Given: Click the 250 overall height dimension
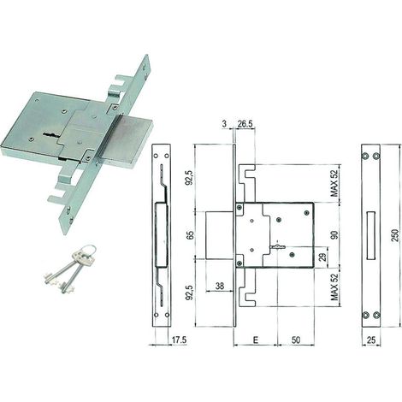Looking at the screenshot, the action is tap(394, 235).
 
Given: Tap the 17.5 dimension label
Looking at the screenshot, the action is tap(179, 340).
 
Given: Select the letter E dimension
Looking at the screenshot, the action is tap(256, 340).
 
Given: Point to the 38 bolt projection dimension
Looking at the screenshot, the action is tap(220, 286).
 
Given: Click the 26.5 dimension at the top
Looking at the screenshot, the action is tap(245, 124).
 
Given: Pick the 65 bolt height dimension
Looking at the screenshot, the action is tap(191, 235).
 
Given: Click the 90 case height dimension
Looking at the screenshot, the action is tap(334, 235).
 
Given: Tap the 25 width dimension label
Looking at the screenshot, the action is tap(371, 340).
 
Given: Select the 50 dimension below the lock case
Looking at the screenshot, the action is tap(296, 340).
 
